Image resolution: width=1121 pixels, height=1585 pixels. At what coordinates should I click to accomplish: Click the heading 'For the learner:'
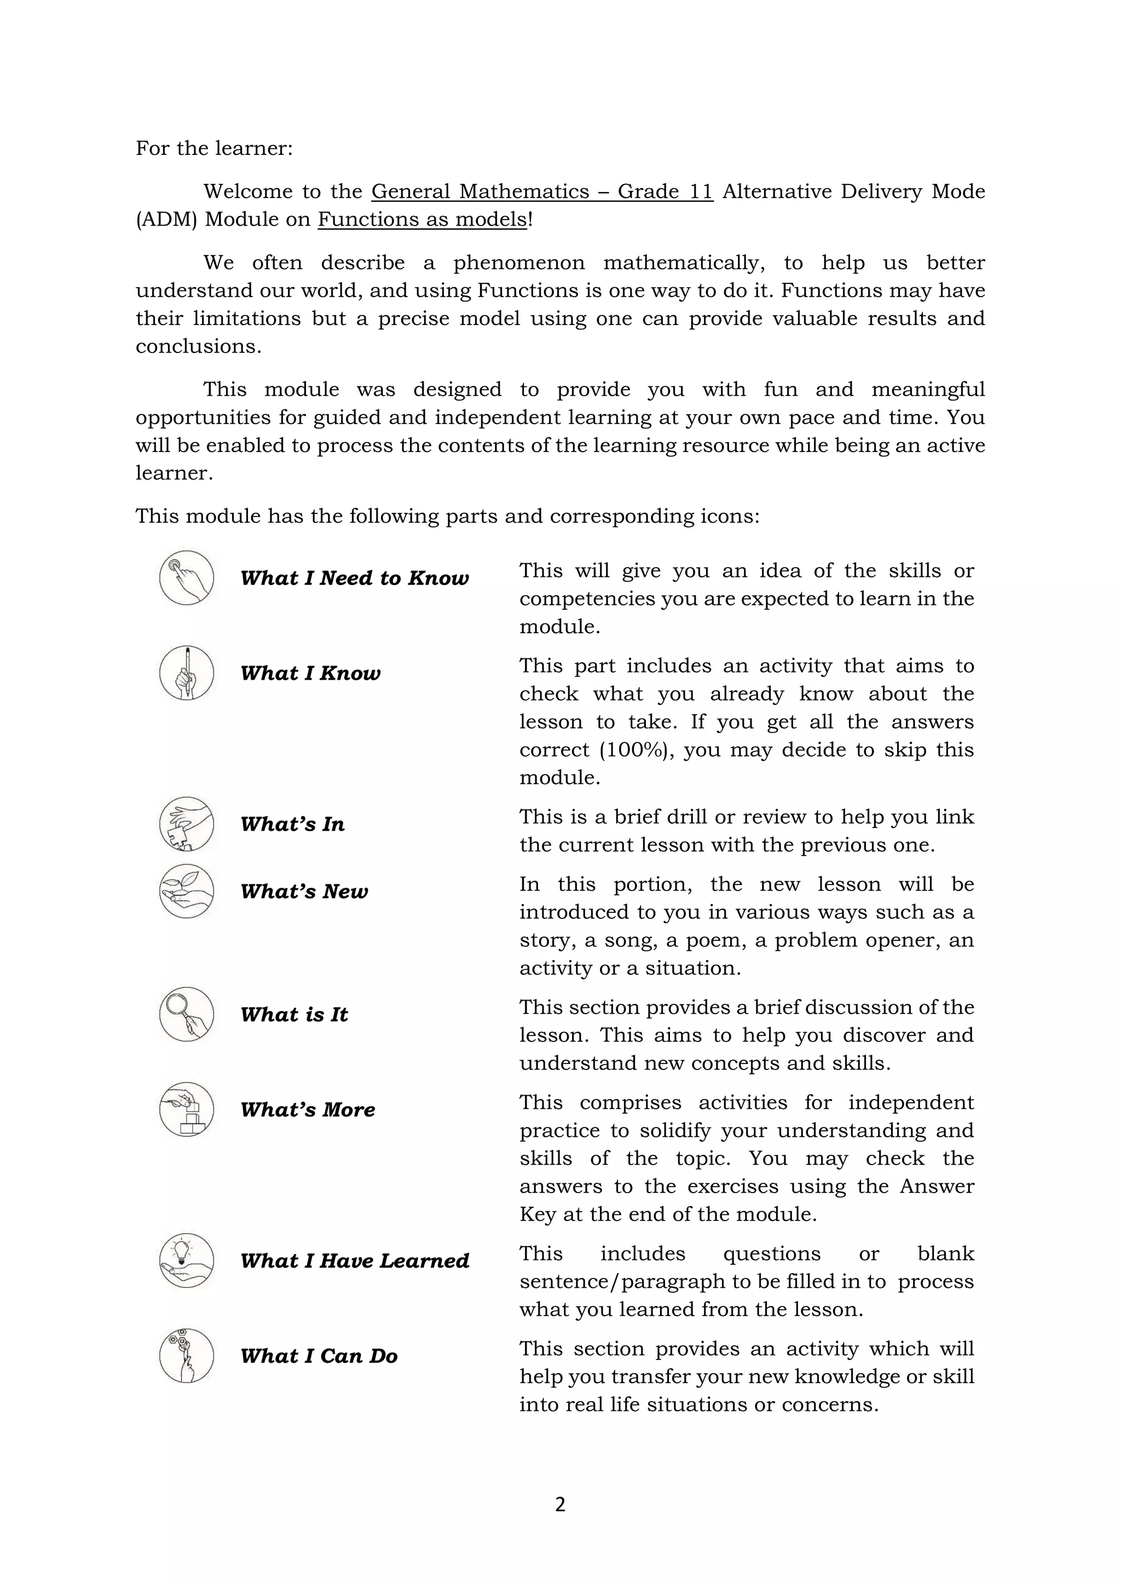tap(214, 148)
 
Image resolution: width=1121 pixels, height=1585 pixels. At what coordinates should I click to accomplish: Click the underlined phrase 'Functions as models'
tap(422, 219)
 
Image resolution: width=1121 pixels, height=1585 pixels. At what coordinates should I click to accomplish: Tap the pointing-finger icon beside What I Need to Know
tap(186, 578)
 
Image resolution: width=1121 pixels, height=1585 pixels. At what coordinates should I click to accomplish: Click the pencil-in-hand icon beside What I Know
tap(186, 673)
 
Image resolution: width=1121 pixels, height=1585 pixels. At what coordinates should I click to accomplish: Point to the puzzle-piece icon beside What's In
tap(186, 824)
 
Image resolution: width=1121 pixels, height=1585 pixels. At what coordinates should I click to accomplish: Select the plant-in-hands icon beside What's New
tap(186, 891)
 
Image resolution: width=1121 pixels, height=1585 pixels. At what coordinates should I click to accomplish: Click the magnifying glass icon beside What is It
tap(186, 1014)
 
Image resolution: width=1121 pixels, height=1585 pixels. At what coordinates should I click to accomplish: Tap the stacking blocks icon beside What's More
tap(186, 1109)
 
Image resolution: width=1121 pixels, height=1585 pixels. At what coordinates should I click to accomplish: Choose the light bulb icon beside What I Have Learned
tap(186, 1260)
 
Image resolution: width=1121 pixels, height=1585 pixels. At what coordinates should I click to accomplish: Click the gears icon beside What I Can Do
tap(186, 1356)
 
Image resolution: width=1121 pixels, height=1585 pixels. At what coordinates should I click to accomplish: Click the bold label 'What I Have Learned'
tap(354, 1261)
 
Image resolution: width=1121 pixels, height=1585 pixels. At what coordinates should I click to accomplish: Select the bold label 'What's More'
tap(307, 1110)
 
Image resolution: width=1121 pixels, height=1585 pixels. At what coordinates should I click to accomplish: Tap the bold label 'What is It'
tap(294, 1015)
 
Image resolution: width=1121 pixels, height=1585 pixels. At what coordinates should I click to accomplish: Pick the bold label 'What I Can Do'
tap(319, 1357)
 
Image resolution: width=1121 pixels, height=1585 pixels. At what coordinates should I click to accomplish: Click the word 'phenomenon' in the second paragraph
tap(518, 263)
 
